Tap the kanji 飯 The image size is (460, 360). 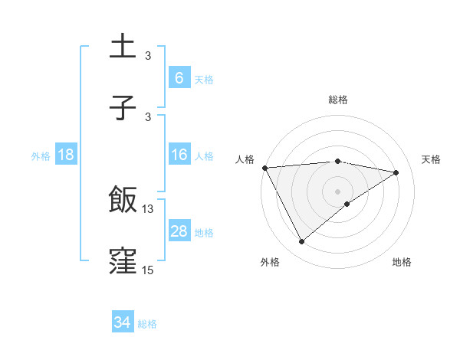click(x=123, y=201)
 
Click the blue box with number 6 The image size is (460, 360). click(x=179, y=77)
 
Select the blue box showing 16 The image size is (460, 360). click(x=179, y=155)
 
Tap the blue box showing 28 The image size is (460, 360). click(x=179, y=231)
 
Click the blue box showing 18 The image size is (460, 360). click(x=66, y=155)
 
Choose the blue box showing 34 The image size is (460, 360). click(x=122, y=322)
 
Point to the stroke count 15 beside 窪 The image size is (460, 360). click(x=148, y=270)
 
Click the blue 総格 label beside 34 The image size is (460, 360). click(x=147, y=324)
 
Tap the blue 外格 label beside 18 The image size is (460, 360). click(x=41, y=156)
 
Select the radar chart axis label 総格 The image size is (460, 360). click(x=337, y=100)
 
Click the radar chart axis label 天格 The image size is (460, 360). click(x=432, y=159)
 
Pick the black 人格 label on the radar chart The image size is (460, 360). click(x=245, y=159)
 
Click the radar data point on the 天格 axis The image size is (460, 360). click(x=396, y=172)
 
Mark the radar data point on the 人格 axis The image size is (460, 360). click(x=264, y=168)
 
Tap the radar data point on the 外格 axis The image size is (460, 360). click(x=301, y=242)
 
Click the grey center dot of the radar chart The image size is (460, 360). click(x=337, y=191)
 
